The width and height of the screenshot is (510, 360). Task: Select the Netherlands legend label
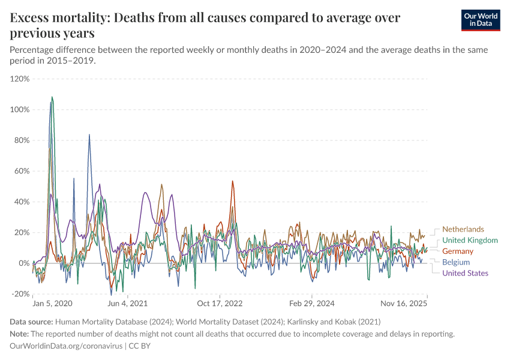pos(463,229)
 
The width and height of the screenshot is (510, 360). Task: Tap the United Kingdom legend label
pos(470,240)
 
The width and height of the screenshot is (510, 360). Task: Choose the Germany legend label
pos(458,251)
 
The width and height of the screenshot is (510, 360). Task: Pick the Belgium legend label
pos(456,262)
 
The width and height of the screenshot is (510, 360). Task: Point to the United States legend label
pos(465,273)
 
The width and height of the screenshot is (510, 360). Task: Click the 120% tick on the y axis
pos(20,79)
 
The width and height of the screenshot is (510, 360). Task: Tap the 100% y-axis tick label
pos(20,110)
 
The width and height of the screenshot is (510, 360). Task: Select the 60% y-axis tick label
pos(22,171)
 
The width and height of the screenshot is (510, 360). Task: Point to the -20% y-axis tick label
pos(20,294)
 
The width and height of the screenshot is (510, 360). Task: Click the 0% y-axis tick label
pos(24,263)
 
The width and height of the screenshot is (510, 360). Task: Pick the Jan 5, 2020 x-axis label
pos(52,304)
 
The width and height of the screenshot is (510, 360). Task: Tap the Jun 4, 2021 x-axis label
pos(127,304)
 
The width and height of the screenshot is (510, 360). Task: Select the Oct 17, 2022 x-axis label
pos(220,304)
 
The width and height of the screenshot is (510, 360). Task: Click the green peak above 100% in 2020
pos(52,97)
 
